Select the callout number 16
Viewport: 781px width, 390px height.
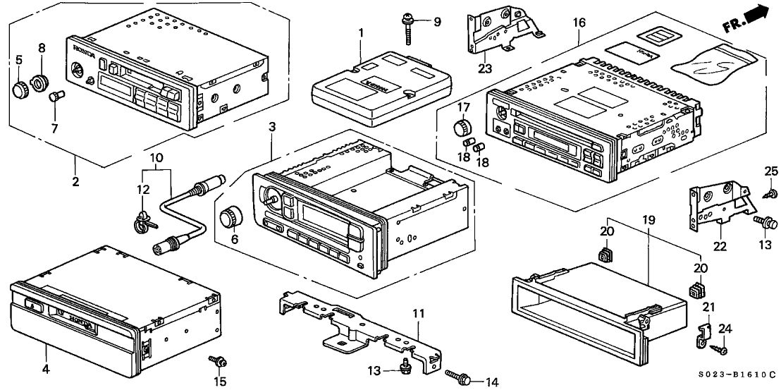click(x=579, y=23)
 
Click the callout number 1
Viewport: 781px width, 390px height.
click(x=360, y=32)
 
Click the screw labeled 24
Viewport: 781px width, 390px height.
click(x=720, y=348)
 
